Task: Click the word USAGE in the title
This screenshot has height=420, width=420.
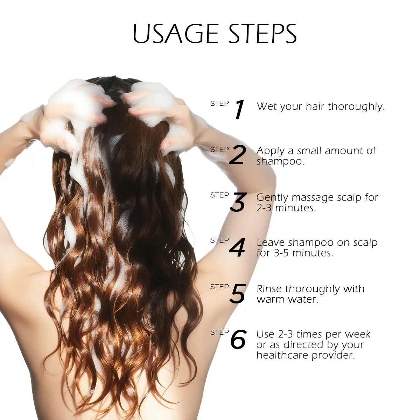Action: [175, 34]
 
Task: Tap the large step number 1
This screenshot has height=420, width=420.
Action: [239, 109]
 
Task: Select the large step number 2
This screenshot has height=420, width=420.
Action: [238, 155]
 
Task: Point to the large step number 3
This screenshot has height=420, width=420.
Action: [238, 202]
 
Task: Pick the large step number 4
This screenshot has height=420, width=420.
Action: [237, 247]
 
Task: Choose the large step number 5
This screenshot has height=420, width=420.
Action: [238, 294]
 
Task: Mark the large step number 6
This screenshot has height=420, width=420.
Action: [239, 339]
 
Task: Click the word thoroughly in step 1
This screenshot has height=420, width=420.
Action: [356, 107]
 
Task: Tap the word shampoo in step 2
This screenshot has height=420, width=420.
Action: [280, 161]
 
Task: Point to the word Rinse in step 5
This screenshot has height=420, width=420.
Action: [269, 289]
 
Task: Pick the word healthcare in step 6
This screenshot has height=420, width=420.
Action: [282, 356]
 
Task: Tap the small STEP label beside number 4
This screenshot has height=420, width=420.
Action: [219, 240]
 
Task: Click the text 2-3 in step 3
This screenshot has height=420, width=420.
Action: [264, 208]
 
